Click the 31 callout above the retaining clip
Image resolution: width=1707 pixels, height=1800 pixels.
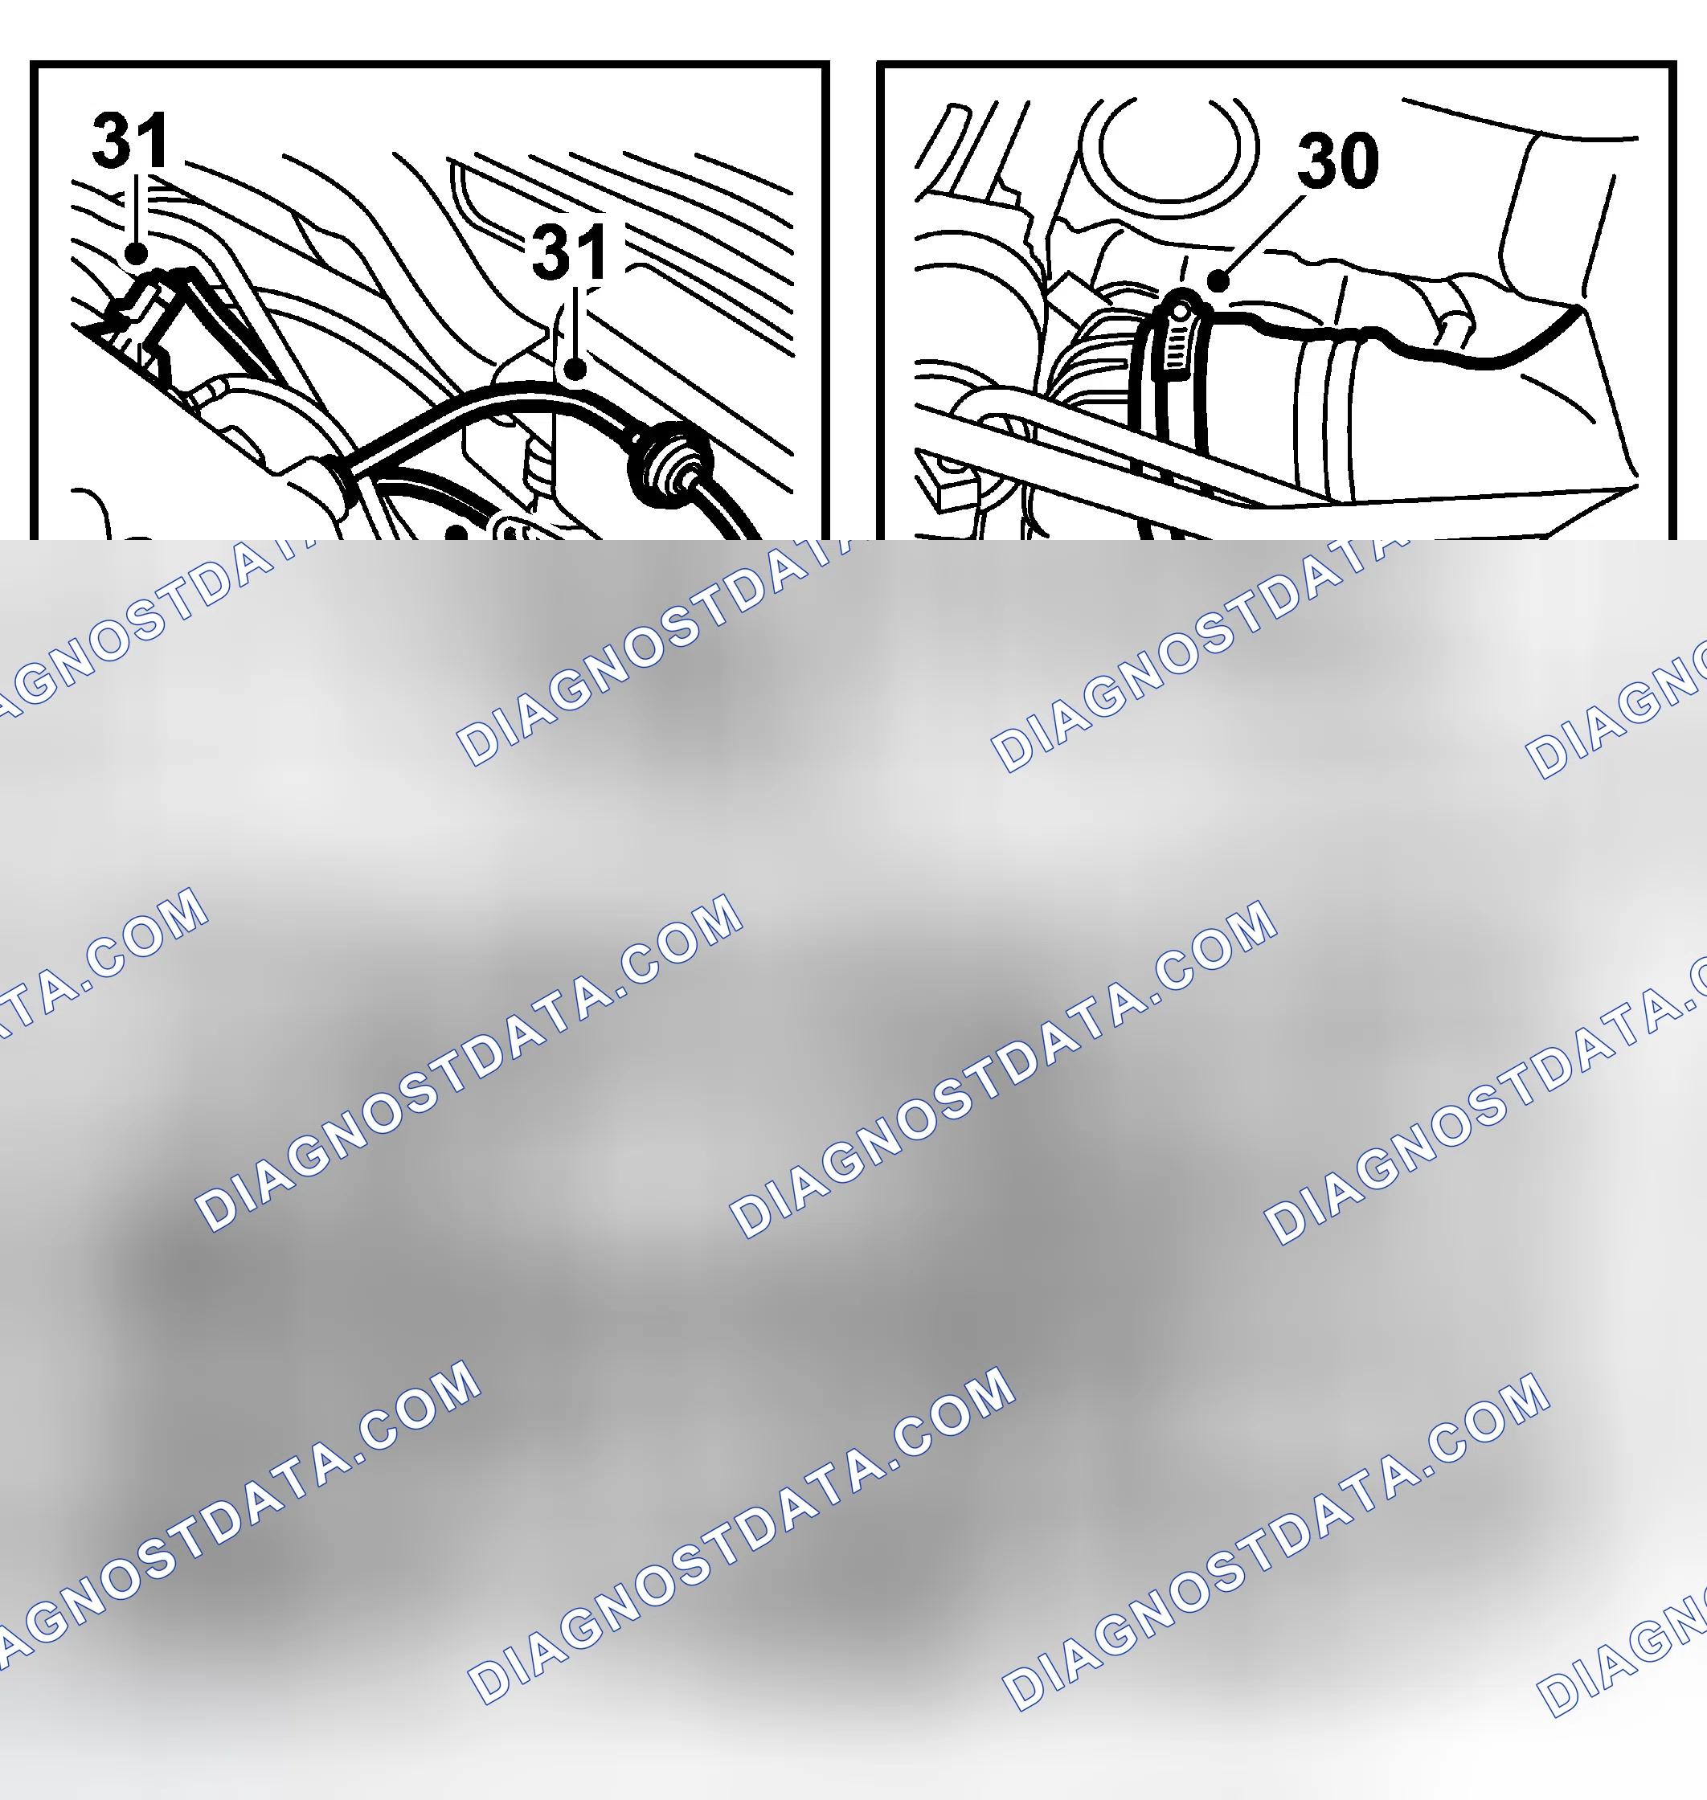coord(131,140)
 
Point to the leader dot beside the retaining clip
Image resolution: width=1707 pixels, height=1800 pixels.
coord(136,253)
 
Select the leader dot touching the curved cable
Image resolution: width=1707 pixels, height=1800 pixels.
coord(574,369)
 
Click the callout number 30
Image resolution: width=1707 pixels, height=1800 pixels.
coord(1337,160)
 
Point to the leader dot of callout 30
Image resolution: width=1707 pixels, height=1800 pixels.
coord(1218,280)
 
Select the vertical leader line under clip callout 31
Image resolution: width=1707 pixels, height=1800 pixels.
coord(136,208)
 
